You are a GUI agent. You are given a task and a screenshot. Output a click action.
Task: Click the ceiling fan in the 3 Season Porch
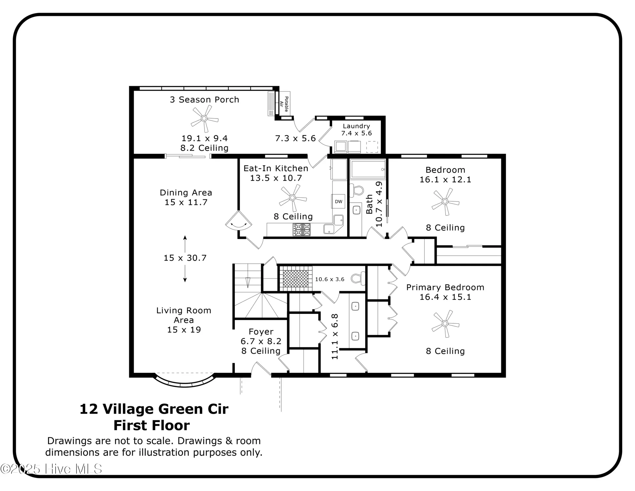point(204,118)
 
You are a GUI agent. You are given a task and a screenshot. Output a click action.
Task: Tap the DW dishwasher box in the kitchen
point(339,201)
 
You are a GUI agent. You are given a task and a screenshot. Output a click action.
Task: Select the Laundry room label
point(356,126)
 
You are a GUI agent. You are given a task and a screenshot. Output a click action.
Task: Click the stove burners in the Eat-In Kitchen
point(302,229)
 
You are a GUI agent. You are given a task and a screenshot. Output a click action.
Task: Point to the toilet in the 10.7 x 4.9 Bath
point(357,190)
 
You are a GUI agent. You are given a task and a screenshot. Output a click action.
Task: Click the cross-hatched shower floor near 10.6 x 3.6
point(295,279)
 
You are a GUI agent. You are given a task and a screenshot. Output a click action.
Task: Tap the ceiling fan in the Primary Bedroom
point(445,324)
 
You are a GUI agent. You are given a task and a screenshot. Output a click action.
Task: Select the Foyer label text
point(261,332)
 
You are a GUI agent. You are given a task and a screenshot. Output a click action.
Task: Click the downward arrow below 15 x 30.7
point(185,274)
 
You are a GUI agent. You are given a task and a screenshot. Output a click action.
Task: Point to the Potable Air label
point(284,104)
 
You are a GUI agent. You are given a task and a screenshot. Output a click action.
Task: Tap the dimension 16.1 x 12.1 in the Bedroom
point(445,180)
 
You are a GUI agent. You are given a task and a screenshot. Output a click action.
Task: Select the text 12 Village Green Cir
point(154,409)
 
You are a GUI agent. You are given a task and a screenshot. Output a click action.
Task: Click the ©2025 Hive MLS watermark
point(51,469)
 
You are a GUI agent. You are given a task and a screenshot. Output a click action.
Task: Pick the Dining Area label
point(186,193)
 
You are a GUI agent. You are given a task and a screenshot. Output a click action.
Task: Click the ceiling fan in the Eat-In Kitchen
point(292,198)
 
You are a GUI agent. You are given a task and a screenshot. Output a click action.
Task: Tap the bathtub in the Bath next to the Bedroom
point(368,169)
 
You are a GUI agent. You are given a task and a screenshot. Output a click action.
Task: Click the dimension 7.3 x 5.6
point(295,138)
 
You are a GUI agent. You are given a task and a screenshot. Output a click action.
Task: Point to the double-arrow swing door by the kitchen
point(239,223)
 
